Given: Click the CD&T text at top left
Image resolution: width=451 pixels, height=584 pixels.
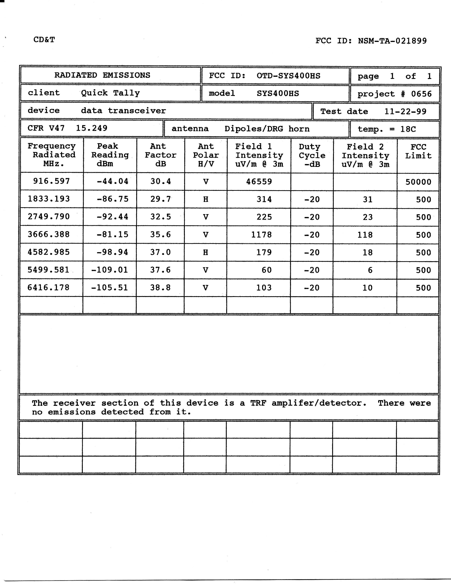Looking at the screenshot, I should [x=44, y=40].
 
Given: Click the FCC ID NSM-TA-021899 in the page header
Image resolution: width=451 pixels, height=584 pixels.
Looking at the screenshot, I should [x=371, y=41].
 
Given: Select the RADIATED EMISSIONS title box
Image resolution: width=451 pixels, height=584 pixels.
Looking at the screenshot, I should [x=102, y=75].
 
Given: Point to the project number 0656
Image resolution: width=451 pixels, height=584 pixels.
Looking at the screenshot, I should [x=421, y=94].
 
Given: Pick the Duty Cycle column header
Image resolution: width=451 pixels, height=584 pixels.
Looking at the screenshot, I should [x=312, y=155].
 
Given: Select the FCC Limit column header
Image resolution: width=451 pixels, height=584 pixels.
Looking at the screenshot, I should [x=418, y=151].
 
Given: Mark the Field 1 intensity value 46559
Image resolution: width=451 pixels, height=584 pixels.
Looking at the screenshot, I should [x=259, y=182].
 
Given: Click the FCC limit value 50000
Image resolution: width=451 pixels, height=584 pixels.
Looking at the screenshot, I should [x=418, y=182].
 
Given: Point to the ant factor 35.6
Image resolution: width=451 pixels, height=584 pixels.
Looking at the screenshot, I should [x=160, y=234].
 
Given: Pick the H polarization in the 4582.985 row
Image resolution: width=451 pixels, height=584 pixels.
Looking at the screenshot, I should [x=206, y=252].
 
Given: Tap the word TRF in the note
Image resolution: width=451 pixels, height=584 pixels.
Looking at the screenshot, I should [x=258, y=403].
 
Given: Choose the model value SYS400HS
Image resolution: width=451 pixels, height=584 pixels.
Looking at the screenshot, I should [x=278, y=93].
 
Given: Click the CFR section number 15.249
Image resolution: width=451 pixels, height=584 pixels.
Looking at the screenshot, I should [x=92, y=128].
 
